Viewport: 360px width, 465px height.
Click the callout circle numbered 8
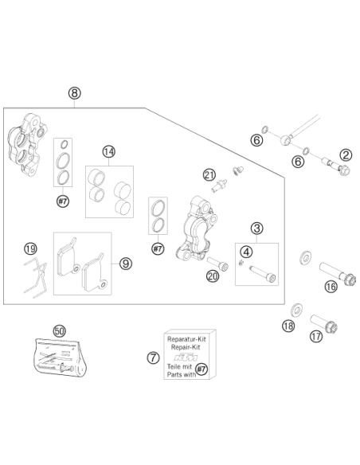point(74,93)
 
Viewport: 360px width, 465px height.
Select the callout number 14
point(109,152)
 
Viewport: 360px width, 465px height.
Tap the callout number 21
point(209,175)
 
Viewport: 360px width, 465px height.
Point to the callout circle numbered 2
point(346,155)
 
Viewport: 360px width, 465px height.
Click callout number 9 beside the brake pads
point(126,264)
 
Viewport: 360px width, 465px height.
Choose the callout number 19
point(30,248)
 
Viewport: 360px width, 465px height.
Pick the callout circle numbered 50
point(59,331)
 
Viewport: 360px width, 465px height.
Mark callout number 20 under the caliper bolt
point(213,276)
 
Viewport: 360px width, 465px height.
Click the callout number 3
point(256,229)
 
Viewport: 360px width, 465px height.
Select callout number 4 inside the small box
point(246,252)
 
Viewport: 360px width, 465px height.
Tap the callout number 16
point(331,287)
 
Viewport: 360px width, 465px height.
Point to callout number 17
point(316,336)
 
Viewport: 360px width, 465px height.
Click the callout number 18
point(288,326)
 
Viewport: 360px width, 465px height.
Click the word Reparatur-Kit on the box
point(186,339)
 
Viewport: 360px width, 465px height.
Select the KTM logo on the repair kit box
point(186,357)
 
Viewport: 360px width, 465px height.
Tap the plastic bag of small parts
point(61,357)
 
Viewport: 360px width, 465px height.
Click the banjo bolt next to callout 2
point(336,166)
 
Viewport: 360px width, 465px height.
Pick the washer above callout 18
point(296,311)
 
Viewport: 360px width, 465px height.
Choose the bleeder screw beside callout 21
point(219,186)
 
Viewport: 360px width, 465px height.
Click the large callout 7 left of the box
point(153,358)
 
